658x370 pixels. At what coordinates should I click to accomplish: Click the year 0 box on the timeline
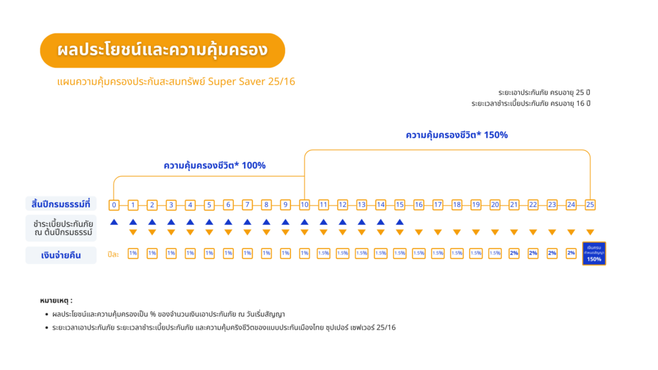tap(114, 205)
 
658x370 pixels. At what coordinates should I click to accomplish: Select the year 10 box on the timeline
tap(304, 205)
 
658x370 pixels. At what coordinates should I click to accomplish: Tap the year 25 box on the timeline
tap(590, 205)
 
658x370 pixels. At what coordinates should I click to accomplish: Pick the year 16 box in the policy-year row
tap(418, 205)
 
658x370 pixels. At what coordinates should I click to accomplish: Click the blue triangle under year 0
tap(114, 222)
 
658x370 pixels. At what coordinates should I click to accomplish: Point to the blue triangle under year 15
tap(399, 222)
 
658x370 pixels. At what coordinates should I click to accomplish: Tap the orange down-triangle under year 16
tap(418, 232)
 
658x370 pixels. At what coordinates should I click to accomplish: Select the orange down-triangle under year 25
tap(590, 232)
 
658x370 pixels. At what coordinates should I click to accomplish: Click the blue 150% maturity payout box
tap(593, 254)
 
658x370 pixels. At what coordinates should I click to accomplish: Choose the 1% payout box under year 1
tap(133, 254)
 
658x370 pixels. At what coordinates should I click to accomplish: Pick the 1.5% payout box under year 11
tap(323, 254)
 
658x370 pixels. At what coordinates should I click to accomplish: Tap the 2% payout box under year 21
tap(514, 254)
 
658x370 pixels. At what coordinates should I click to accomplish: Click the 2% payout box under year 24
tap(571, 254)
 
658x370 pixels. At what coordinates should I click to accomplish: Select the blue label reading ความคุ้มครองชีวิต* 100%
tap(215, 166)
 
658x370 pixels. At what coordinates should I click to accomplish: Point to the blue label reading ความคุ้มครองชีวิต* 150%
tap(457, 136)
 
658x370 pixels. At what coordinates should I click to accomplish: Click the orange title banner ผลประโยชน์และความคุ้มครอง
tap(162, 50)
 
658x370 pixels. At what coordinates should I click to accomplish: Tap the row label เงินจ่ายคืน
tap(61, 255)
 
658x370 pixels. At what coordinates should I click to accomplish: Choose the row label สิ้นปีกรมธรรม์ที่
tap(61, 204)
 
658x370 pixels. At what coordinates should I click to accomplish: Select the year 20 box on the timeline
tap(495, 205)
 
